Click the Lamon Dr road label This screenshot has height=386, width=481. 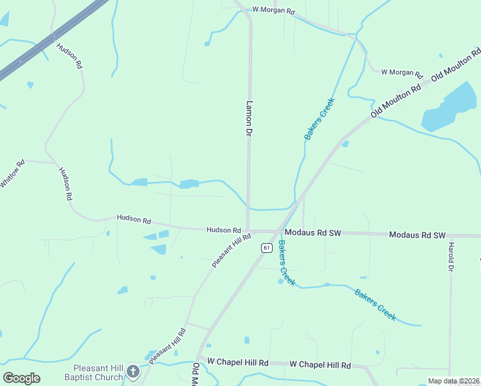coord(247,118)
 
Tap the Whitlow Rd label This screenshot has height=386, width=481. coord(12,173)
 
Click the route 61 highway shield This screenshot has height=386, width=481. coord(266,247)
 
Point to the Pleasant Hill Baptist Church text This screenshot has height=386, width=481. coord(95,373)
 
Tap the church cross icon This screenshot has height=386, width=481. coord(133,371)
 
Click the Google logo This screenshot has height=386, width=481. coord(21,378)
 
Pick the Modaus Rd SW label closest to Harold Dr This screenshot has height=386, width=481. coord(417,235)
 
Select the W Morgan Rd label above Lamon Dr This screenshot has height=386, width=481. coord(273,10)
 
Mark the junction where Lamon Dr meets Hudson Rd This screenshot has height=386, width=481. coord(248,230)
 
